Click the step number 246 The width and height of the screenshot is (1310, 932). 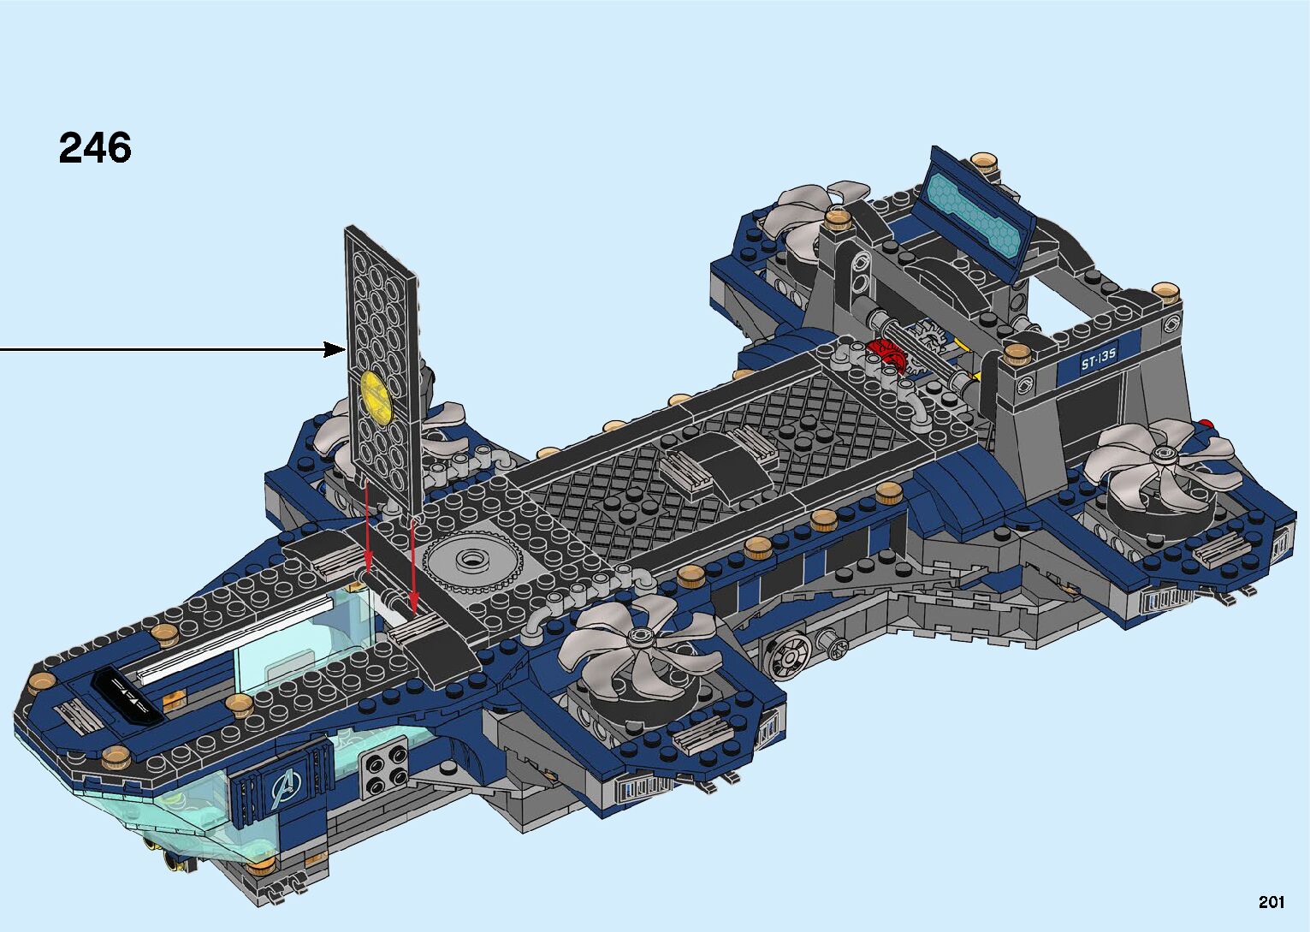tap(95, 147)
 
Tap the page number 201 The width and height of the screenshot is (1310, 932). tap(1271, 901)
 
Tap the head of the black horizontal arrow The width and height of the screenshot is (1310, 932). tap(335, 350)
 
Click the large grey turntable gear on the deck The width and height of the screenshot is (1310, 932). tap(471, 561)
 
